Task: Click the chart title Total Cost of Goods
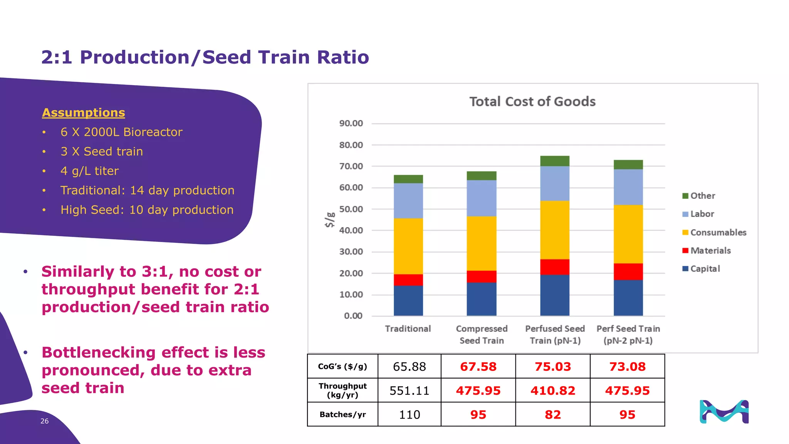click(x=532, y=101)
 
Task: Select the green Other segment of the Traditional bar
click(x=408, y=179)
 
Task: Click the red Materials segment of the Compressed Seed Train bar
click(x=481, y=276)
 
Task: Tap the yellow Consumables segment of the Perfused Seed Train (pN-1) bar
click(x=554, y=230)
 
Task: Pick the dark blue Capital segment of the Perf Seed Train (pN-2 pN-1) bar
click(x=628, y=298)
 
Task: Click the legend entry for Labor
click(x=702, y=214)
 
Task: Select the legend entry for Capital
click(x=705, y=269)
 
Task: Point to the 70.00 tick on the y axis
click(x=351, y=166)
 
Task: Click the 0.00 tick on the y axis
click(x=353, y=316)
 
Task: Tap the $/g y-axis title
click(x=330, y=220)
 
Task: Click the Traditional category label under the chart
click(x=408, y=329)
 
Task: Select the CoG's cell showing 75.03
click(x=552, y=367)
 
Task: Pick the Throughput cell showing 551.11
click(x=409, y=390)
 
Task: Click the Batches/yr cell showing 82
click(x=552, y=415)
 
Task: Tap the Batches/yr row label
click(x=342, y=415)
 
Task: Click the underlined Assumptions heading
click(x=84, y=113)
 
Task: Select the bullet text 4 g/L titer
click(x=89, y=171)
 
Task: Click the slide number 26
click(x=44, y=421)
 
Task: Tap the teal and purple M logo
click(x=724, y=412)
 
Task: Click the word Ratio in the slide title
click(x=342, y=57)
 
